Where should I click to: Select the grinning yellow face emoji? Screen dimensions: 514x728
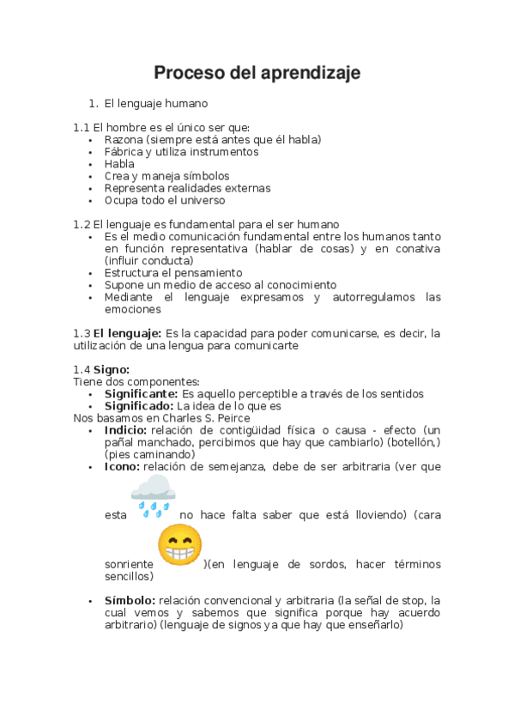coord(180,546)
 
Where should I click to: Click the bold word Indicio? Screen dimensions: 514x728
coord(125,430)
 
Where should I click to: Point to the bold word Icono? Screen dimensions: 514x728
coord(122,467)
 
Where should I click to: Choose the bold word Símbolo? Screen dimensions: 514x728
coord(130,600)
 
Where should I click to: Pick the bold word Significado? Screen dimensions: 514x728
coord(139,406)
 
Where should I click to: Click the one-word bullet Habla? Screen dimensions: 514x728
coord(119,163)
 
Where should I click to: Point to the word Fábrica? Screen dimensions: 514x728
coord(124,151)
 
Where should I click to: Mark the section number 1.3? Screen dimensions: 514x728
coord(82,333)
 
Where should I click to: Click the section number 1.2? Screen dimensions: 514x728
coord(82,223)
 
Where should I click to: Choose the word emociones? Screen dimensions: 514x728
coord(132,309)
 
